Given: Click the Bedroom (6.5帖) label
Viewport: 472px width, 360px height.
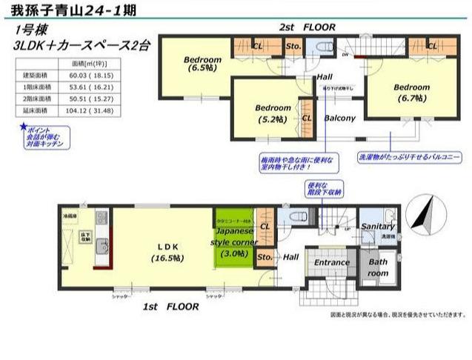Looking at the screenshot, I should coord(202,64).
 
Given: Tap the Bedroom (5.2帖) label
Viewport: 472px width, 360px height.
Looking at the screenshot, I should coord(273,112).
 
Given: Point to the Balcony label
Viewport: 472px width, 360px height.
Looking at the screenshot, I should coord(340,118).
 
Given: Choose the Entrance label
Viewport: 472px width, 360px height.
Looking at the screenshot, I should coord(331,262).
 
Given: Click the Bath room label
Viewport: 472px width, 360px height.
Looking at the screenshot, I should coord(378,267).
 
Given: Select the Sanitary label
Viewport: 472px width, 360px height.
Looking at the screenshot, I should coord(378,226).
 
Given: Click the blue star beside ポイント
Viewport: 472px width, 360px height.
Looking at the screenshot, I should coord(23,128).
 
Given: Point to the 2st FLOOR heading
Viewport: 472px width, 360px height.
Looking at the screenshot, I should coord(307,27).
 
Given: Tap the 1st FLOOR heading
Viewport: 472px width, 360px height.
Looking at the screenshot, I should coord(171,305).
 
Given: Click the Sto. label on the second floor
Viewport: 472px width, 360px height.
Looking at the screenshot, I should coord(293,46).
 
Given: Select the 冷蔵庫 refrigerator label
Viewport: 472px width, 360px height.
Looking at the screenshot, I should coord(70,216).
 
